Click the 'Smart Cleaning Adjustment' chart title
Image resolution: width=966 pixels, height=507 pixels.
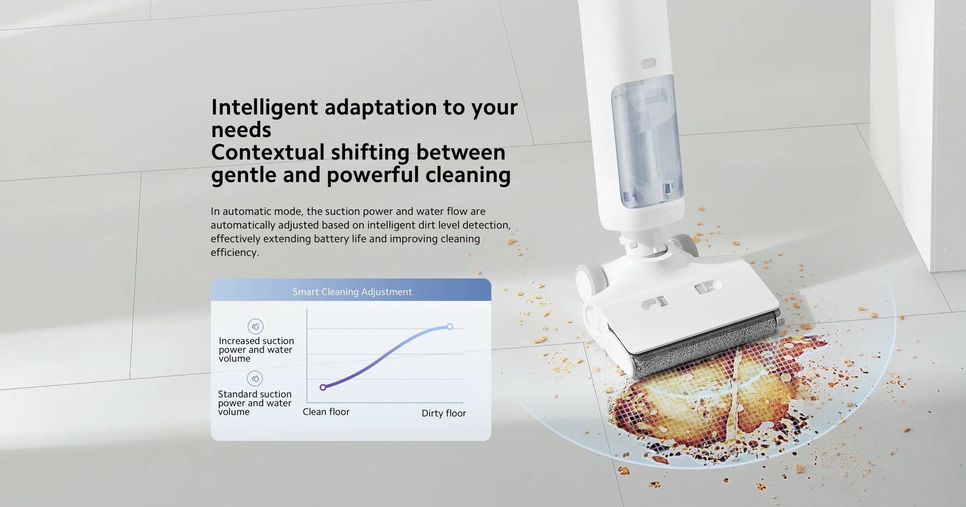pos(352,292)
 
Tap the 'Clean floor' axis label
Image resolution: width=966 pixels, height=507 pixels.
pos(326,412)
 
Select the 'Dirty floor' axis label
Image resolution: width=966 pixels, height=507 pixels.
pos(444,413)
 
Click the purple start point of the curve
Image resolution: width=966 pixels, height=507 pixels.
pos(323,387)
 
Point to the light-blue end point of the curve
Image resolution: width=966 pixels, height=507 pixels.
pos(450,326)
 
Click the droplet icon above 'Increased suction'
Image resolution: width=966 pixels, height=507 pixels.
pos(255,326)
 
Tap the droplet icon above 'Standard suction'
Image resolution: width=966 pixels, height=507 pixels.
pos(255,378)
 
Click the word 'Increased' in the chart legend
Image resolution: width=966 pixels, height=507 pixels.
pos(239,341)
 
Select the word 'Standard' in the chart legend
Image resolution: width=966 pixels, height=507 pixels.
pos(238,394)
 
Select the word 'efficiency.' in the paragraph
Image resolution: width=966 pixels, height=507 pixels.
pos(235,253)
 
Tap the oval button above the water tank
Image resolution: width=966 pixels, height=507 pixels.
pos(648,63)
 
